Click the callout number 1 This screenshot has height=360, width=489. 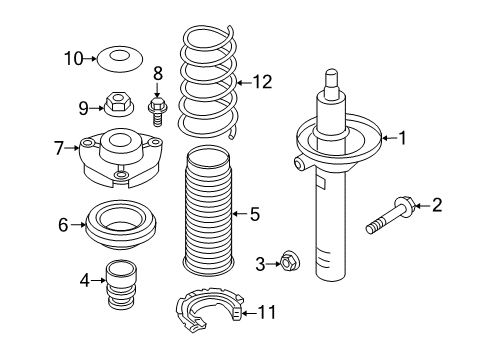(403, 138)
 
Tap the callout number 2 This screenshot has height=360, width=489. (435, 206)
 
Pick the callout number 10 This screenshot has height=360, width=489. (74, 58)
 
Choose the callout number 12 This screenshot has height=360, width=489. (262, 82)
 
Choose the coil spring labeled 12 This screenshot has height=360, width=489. (208, 85)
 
